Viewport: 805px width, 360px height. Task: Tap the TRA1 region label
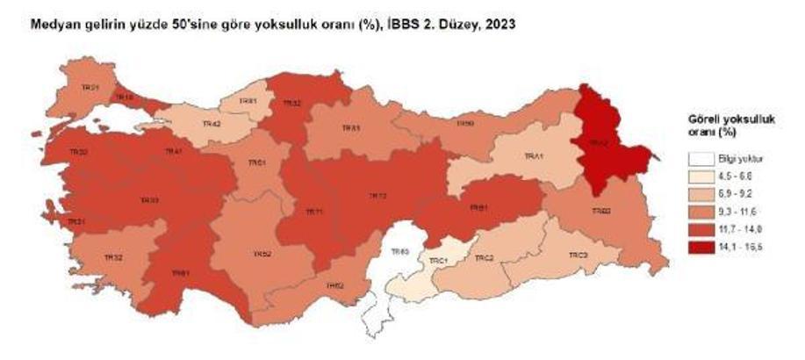point(534,156)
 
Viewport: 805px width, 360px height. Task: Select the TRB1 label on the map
point(478,208)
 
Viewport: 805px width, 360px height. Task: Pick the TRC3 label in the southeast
point(576,255)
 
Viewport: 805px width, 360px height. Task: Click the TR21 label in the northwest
point(90,87)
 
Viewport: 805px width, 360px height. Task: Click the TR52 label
point(262,254)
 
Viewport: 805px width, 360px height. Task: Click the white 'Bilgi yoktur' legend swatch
point(699,159)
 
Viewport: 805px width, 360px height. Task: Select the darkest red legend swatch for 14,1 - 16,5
point(699,246)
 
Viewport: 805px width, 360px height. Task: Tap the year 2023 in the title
point(498,26)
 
